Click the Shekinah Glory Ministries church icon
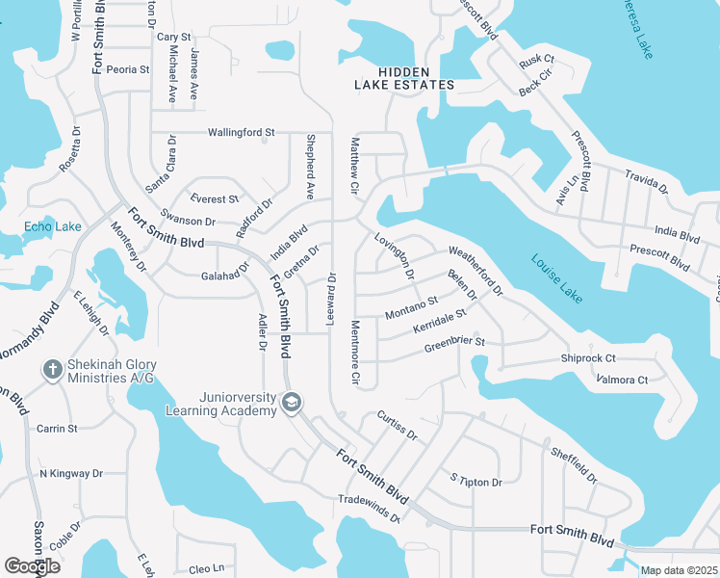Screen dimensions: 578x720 coord(53,369)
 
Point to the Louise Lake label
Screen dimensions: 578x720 coord(556,278)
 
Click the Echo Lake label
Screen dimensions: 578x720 coord(53,227)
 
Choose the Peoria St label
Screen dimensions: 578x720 coord(128,69)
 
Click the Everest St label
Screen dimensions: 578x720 coord(214,199)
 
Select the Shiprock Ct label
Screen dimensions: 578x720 coord(588,358)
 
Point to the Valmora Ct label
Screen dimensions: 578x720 coord(622,381)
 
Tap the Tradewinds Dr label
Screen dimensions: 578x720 coord(369,506)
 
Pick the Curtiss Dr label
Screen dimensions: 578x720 coord(397,426)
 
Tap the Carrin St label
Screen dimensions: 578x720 coord(57,428)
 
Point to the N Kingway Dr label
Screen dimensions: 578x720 coord(70,474)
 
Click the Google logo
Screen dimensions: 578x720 coord(32,566)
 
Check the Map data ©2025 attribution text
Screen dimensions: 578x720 coord(678,570)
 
